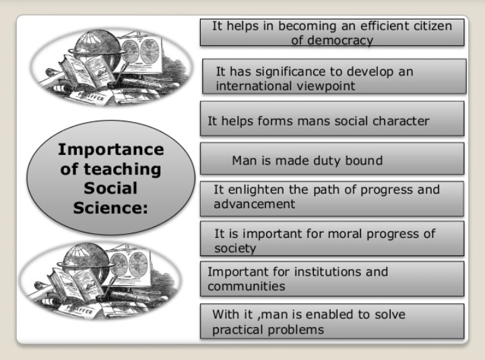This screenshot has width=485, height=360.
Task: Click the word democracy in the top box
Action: click(336, 40)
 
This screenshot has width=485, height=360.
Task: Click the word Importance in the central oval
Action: click(110, 149)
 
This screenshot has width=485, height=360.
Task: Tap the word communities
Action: click(247, 287)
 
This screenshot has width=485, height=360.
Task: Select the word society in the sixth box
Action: click(235, 248)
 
